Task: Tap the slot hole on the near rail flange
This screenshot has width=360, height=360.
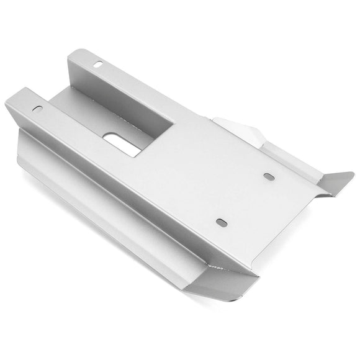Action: pyautogui.click(x=38, y=109)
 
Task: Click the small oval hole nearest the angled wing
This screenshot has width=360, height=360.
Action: pyautogui.click(x=268, y=177)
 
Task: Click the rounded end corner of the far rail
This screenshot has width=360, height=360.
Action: pyautogui.click(x=73, y=53)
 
